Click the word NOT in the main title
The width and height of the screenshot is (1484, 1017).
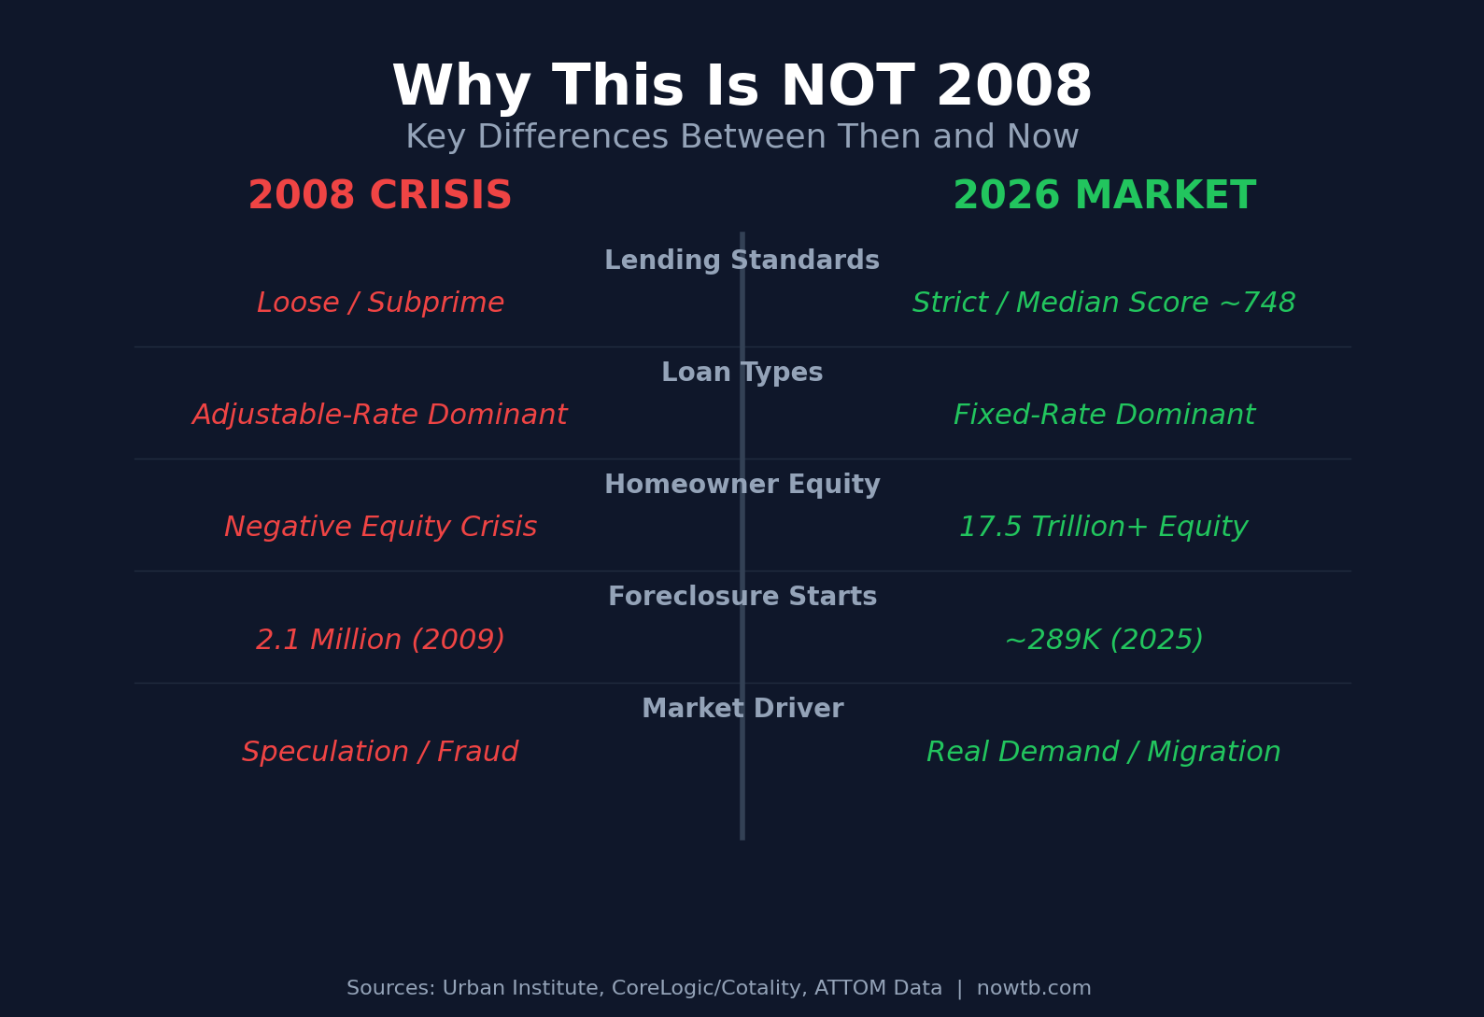(846, 88)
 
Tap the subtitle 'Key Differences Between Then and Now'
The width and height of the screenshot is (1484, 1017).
(742, 137)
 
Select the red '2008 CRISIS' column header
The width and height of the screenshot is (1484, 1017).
(379, 196)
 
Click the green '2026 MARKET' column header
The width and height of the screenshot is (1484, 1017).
(1104, 196)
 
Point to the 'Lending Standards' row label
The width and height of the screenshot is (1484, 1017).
(742, 261)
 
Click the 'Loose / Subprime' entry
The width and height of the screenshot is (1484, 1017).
(380, 304)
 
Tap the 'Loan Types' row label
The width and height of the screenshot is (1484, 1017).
(742, 373)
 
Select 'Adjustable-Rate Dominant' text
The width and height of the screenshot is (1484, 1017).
(379, 416)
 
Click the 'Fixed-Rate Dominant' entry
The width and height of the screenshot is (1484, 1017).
(1104, 416)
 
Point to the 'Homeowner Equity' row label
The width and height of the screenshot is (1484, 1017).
(742, 485)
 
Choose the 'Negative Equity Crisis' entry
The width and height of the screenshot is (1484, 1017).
(380, 528)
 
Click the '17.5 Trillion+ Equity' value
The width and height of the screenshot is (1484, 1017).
(1103, 528)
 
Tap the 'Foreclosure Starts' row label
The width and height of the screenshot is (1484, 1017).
(742, 597)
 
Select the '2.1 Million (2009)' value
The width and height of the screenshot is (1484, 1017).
(380, 640)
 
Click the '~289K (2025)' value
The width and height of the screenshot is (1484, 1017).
(1104, 640)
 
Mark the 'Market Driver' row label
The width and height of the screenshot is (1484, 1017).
(742, 709)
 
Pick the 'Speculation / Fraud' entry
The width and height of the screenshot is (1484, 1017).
(379, 752)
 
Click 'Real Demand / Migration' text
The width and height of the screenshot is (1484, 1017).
(1103, 752)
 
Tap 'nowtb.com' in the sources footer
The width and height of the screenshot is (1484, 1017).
(1033, 988)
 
